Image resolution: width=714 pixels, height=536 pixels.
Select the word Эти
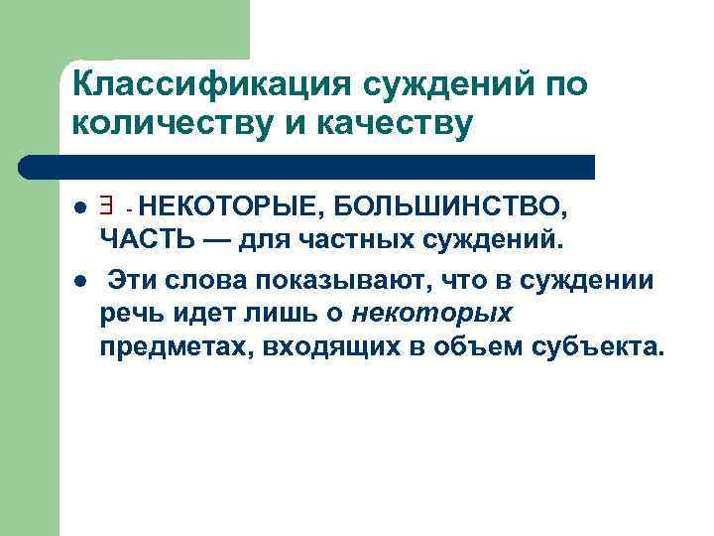click(135, 280)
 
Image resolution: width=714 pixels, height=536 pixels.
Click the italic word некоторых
click(432, 315)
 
